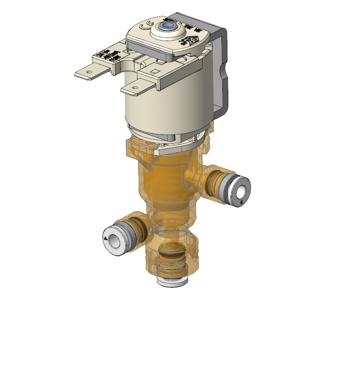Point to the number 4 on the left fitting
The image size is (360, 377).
(106, 238)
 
